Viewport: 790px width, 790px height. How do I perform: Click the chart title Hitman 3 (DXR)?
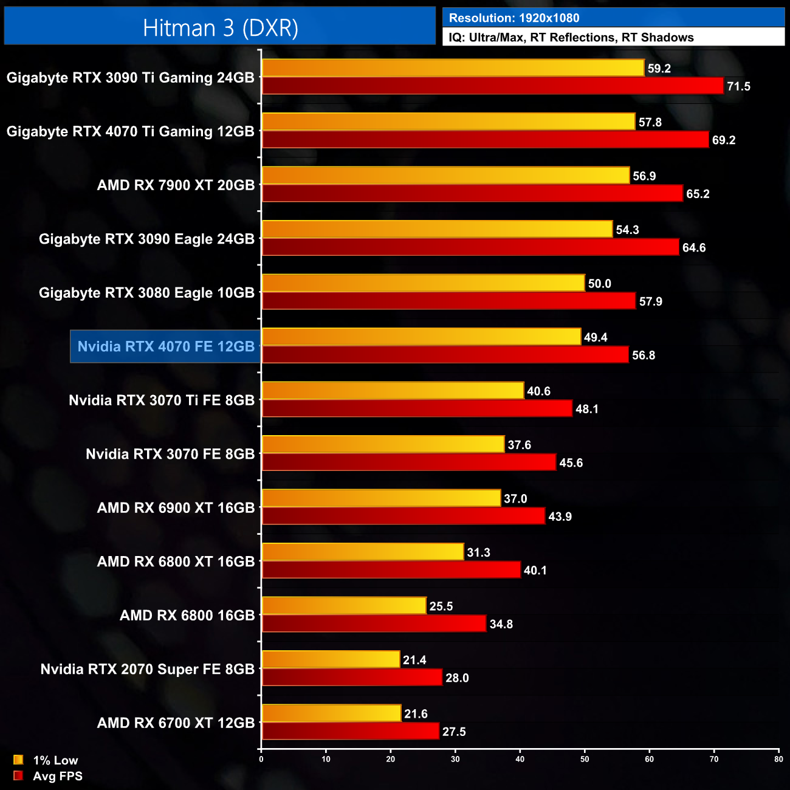(x=220, y=28)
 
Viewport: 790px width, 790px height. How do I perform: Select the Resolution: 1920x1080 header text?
(x=513, y=18)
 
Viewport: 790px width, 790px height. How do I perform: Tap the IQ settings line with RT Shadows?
(x=571, y=38)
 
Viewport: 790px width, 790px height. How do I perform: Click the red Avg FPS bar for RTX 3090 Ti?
(x=492, y=86)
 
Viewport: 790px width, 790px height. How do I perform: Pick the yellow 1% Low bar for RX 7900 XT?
(x=445, y=176)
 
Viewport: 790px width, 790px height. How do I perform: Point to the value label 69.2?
(x=724, y=140)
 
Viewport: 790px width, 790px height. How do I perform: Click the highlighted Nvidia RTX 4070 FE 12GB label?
(x=166, y=346)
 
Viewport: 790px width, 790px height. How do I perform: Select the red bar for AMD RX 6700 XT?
(x=350, y=731)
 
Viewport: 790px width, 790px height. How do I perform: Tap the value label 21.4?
(x=414, y=660)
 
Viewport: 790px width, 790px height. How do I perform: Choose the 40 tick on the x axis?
(x=520, y=759)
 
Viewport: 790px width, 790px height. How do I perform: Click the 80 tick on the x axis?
(x=778, y=759)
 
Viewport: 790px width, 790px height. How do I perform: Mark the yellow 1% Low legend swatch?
(x=18, y=760)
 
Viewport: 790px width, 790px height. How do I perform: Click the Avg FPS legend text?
(x=58, y=776)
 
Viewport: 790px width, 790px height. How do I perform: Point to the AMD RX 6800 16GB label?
(x=187, y=616)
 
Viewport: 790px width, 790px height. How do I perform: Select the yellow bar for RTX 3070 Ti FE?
(x=393, y=391)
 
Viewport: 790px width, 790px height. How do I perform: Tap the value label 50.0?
(x=599, y=284)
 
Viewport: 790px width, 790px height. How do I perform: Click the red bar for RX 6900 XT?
(x=403, y=516)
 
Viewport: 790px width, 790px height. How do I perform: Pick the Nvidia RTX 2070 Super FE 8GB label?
(x=148, y=669)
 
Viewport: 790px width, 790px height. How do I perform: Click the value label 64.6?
(x=694, y=248)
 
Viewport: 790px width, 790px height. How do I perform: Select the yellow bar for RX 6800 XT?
(x=362, y=552)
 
